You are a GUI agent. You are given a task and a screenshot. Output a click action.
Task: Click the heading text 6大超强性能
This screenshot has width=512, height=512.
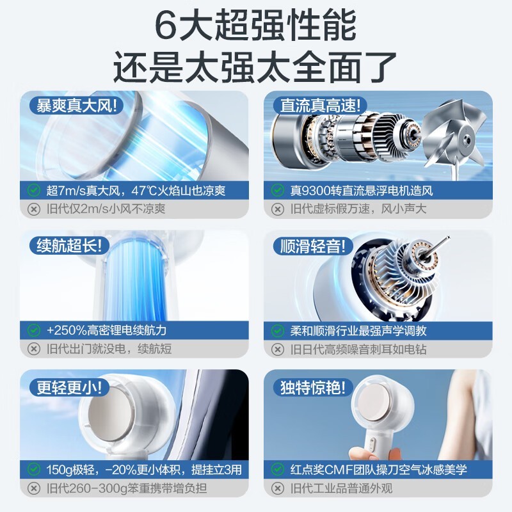(256, 26)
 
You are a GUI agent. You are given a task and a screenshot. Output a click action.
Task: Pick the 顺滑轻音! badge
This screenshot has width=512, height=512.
(313, 245)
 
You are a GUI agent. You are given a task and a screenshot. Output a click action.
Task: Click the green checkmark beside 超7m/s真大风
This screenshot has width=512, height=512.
(33, 190)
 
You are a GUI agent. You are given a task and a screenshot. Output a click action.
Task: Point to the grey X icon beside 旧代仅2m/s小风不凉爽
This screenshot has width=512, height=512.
(33, 209)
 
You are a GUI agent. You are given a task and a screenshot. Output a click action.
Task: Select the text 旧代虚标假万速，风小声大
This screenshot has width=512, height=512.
(358, 209)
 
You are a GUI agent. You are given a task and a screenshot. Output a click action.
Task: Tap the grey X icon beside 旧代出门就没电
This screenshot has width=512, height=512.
(33, 349)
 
